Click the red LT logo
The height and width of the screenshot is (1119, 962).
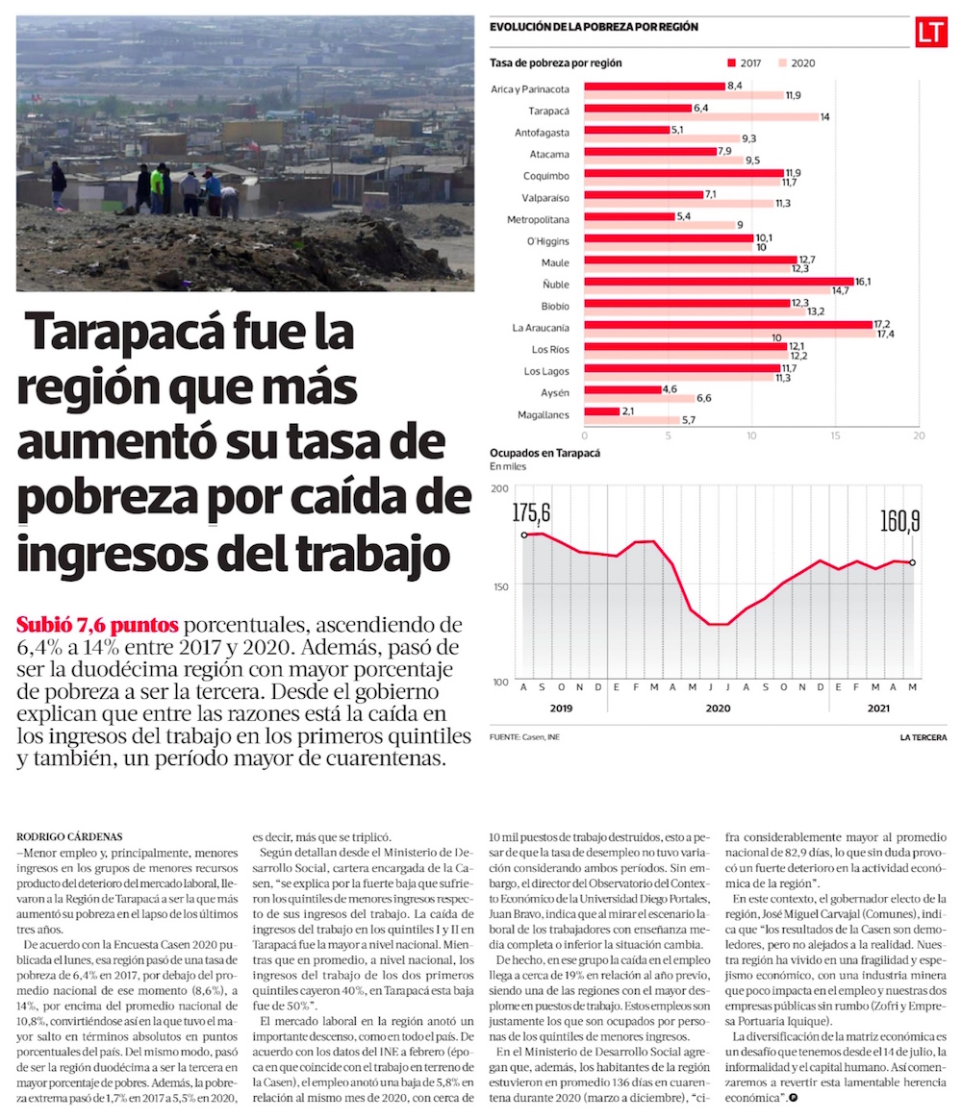(x=930, y=33)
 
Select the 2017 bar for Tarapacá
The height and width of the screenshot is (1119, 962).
(x=638, y=108)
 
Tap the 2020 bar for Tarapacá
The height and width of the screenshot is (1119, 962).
(x=701, y=116)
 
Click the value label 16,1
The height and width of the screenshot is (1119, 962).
(x=863, y=282)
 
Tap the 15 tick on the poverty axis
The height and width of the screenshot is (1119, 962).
(x=835, y=435)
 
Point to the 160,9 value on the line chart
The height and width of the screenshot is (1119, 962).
(x=900, y=521)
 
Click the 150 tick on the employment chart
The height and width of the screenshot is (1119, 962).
(x=499, y=584)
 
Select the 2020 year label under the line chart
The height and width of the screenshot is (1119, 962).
(x=718, y=709)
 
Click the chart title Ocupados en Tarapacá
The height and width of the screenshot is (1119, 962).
(x=544, y=453)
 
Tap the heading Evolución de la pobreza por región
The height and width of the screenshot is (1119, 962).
(x=594, y=27)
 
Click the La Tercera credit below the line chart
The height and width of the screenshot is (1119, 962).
(x=923, y=737)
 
